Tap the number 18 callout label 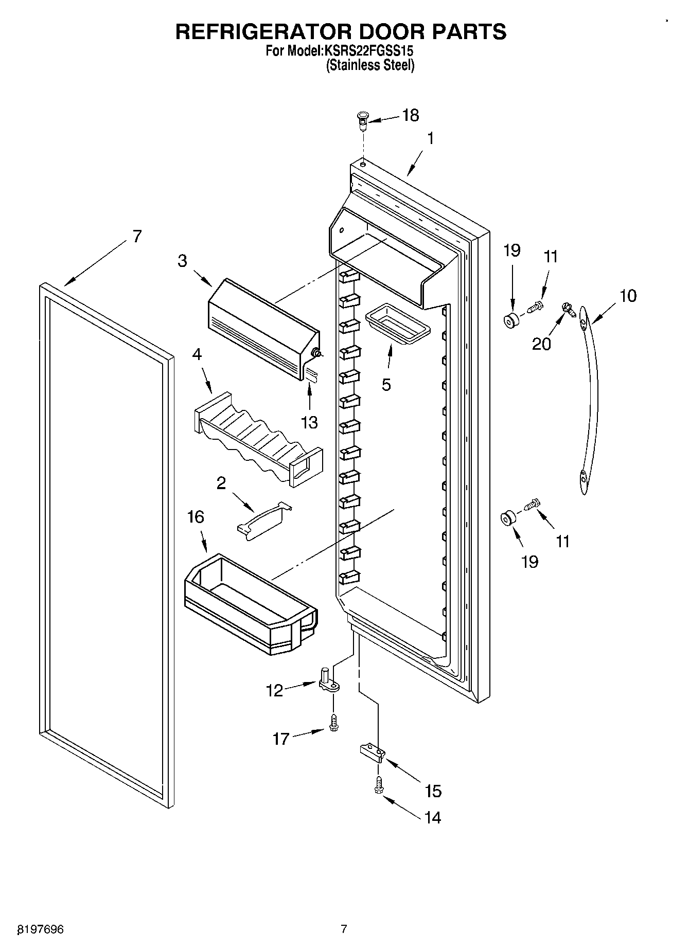[x=410, y=115]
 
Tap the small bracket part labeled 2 [x=264, y=521]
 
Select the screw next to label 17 [x=334, y=722]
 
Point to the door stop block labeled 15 [x=372, y=752]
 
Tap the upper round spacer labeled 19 [x=511, y=320]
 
